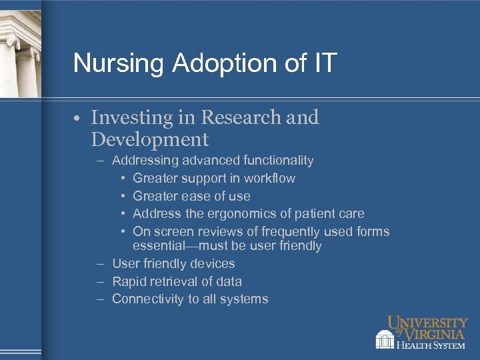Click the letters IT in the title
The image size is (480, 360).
(x=325, y=63)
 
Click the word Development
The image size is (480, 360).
(x=149, y=140)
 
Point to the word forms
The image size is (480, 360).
(x=373, y=232)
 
